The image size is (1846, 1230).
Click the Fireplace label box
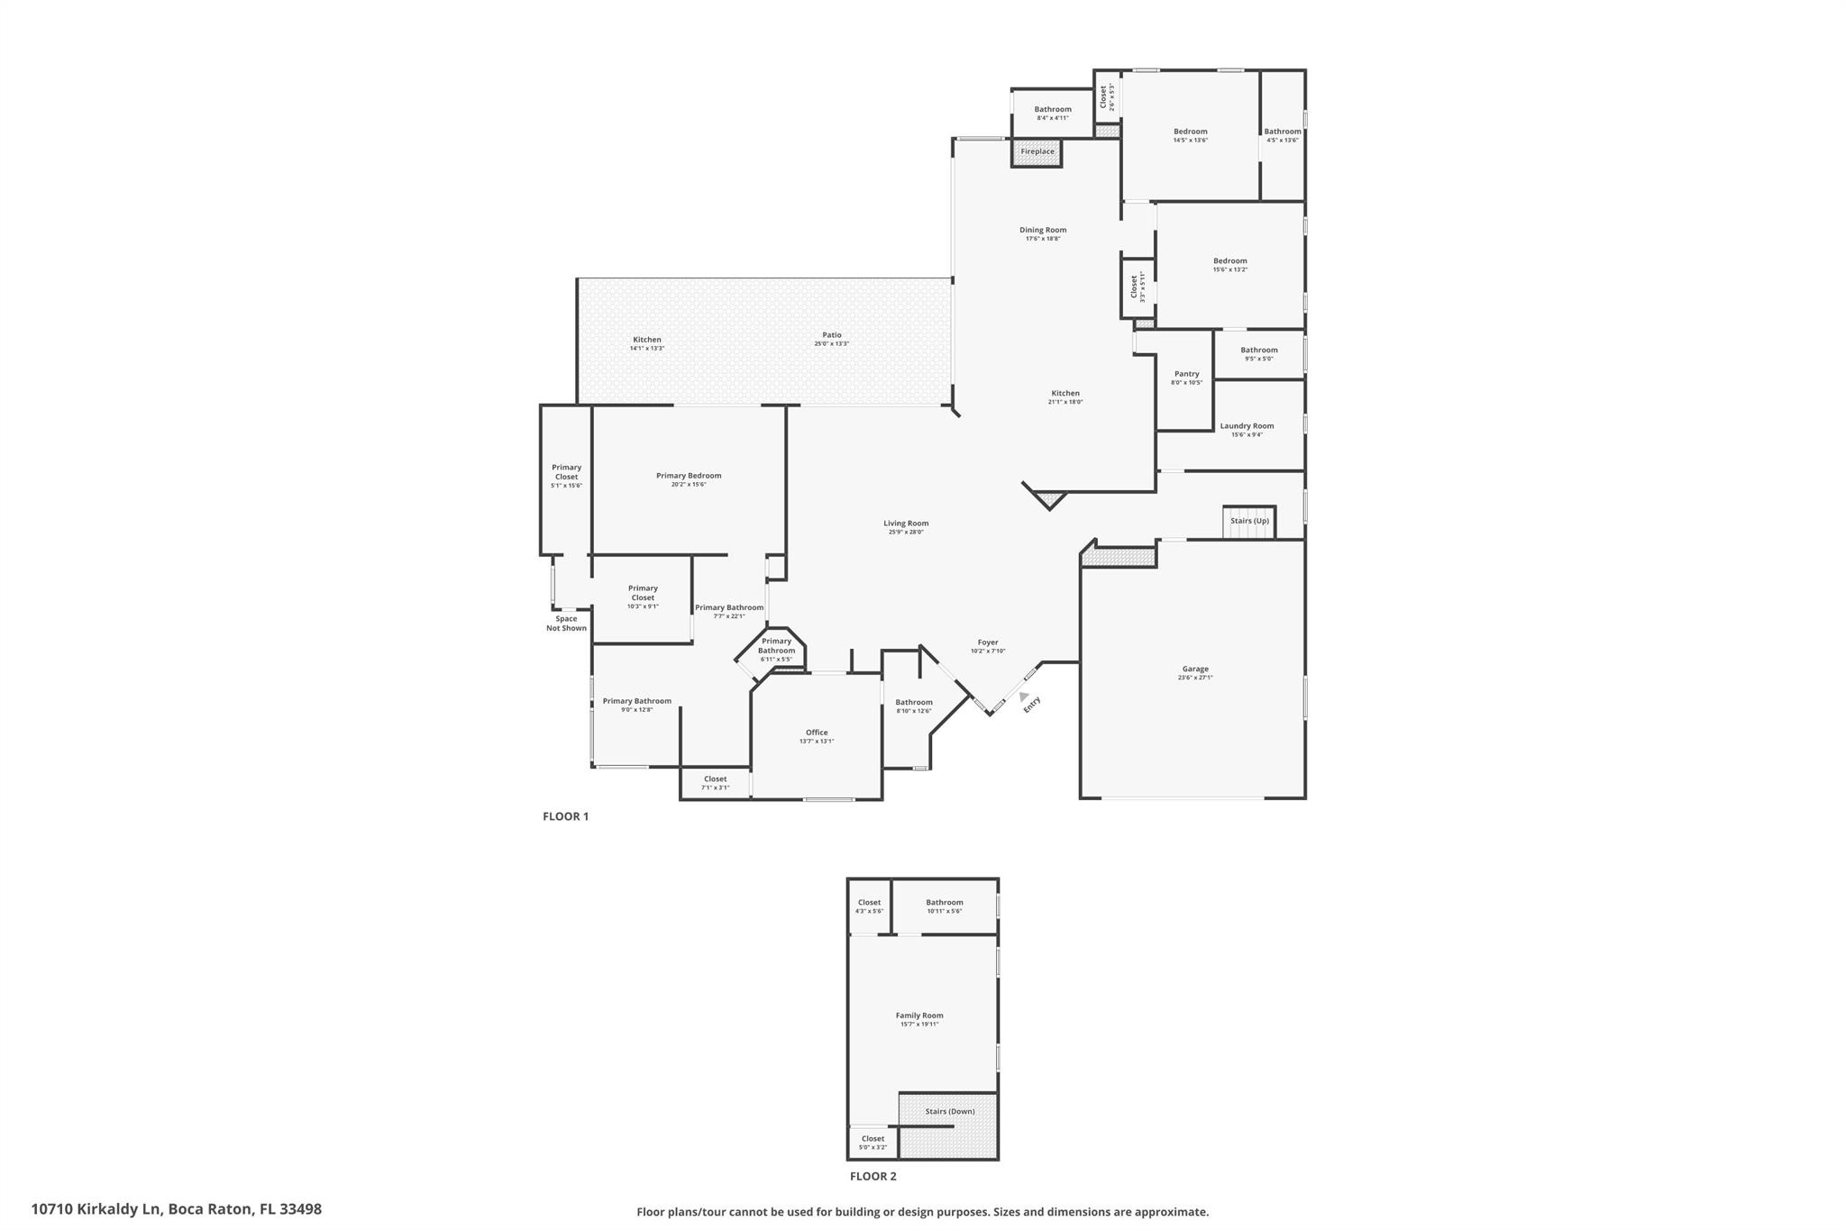(1037, 151)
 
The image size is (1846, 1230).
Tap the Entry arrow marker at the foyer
(1023, 696)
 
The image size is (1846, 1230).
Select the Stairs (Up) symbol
(1248, 523)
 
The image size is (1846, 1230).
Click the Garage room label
(1194, 669)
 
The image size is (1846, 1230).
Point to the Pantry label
(1186, 374)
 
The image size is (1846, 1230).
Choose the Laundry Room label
(1247, 426)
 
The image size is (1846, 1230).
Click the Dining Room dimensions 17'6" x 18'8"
(1043, 239)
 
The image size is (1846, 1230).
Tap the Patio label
(831, 335)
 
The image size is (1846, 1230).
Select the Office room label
(816, 733)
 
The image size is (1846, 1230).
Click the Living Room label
(905, 524)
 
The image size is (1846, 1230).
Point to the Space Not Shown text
(566, 624)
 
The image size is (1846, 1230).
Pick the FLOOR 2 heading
(873, 1176)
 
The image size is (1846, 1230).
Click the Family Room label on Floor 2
(918, 1016)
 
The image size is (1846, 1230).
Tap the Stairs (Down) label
(949, 1111)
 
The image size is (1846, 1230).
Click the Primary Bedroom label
(688, 476)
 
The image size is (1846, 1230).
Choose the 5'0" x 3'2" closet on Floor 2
(873, 1143)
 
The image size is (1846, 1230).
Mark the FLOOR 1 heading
(565, 816)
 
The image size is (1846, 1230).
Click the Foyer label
(987, 642)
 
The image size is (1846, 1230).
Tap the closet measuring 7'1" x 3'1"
(715, 783)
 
